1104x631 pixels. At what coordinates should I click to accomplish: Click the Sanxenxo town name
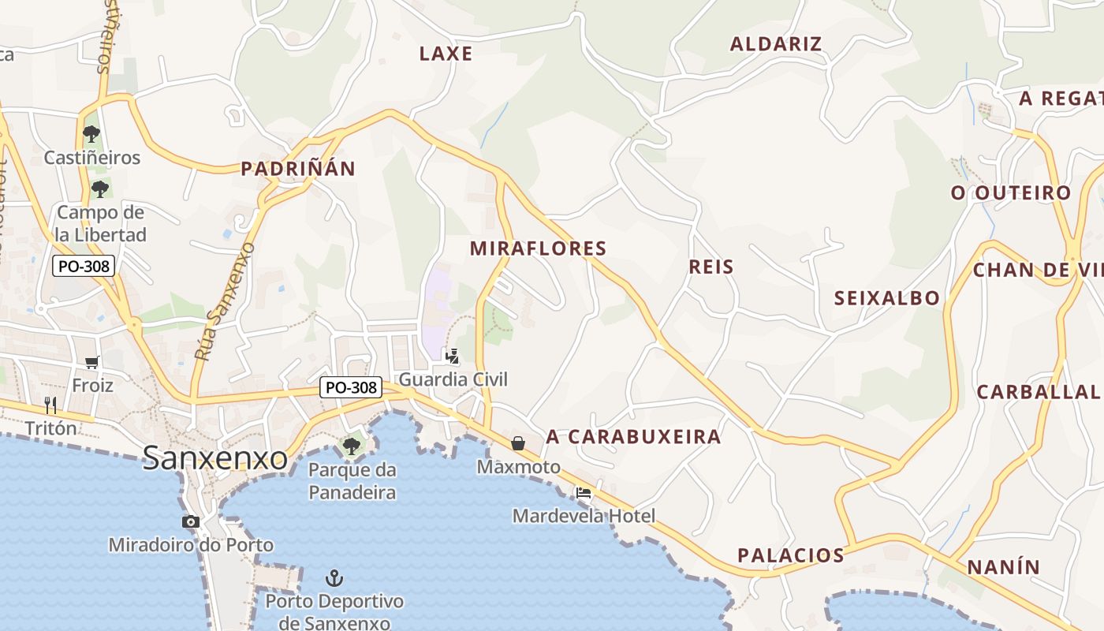[214, 458]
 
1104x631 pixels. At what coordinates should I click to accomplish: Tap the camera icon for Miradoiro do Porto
[191, 521]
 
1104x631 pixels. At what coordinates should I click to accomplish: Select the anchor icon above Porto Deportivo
[334, 578]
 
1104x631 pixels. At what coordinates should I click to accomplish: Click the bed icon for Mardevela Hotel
[584, 493]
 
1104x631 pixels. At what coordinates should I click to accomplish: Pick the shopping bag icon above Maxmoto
[518, 443]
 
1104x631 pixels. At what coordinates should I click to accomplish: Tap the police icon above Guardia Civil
[452, 356]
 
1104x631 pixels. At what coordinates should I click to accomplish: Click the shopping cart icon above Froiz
[92, 362]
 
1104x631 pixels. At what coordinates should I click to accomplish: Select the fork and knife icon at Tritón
[50, 405]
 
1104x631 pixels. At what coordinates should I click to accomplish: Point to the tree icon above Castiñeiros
[91, 133]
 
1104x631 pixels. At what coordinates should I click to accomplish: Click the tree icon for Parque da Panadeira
[352, 446]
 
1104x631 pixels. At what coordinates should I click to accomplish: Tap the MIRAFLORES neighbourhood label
[539, 248]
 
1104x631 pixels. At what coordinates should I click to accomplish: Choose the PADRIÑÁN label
[298, 169]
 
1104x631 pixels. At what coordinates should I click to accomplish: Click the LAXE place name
[446, 54]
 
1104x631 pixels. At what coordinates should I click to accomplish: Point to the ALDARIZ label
[776, 44]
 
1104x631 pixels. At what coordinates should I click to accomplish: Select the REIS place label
[711, 267]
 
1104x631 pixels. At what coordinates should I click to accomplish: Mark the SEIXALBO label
[887, 298]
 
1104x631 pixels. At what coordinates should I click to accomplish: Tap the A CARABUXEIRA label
[633, 437]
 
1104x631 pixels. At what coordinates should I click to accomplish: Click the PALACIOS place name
[791, 555]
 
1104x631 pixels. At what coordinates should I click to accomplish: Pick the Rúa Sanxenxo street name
[225, 302]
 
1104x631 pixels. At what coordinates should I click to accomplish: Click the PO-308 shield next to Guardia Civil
[351, 387]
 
